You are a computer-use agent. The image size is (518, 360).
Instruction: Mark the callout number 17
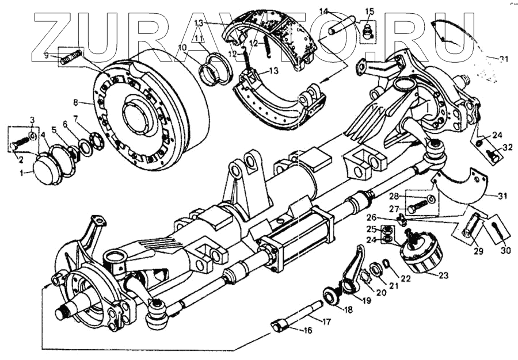(x=326, y=322)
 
